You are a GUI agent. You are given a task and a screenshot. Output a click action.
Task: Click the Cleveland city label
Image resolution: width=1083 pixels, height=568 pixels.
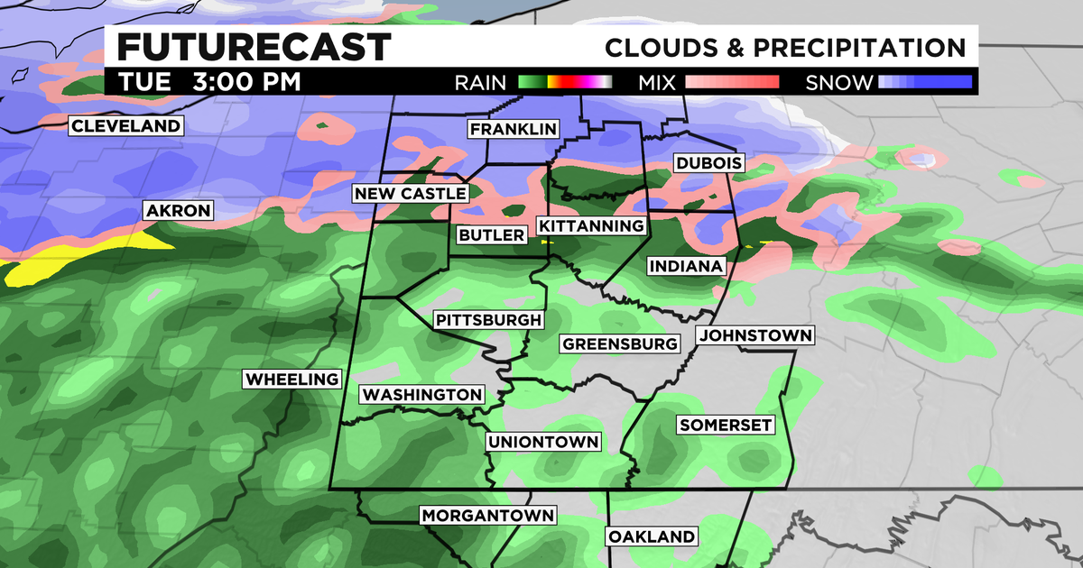tap(126, 126)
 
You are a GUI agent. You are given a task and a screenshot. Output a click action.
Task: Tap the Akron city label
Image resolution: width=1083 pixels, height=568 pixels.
tap(178, 211)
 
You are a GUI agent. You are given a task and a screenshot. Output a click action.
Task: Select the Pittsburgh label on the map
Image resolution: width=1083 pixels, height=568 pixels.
tap(488, 320)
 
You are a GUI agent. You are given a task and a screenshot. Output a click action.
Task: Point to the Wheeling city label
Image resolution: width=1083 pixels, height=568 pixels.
tap(292, 380)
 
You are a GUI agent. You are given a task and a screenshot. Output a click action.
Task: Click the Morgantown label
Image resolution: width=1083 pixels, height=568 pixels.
tap(488, 515)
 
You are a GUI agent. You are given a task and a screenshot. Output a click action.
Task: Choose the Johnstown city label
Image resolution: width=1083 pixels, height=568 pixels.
tap(755, 335)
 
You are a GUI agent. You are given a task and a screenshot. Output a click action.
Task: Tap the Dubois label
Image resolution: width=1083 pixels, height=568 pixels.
tap(708, 163)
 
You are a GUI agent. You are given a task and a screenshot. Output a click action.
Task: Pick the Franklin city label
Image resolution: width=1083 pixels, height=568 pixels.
tap(513, 130)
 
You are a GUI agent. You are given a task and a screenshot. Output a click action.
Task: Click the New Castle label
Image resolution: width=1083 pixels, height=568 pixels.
tap(411, 194)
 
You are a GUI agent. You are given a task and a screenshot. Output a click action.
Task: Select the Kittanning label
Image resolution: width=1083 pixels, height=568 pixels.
tap(592, 225)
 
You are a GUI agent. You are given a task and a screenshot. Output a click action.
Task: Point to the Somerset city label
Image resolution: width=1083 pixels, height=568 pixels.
tap(726, 425)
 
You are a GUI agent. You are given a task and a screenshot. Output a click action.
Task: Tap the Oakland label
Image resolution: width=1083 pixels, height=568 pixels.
tap(652, 536)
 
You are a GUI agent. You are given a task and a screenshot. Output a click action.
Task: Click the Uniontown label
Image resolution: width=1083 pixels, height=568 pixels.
tap(542, 442)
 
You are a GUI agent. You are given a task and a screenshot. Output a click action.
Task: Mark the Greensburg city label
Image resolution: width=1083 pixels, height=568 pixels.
tap(619, 344)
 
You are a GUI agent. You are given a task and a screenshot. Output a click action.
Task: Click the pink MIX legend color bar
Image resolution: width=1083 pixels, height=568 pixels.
tap(732, 83)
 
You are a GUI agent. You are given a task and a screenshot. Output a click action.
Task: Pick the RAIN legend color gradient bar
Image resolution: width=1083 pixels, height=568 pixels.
tap(565, 83)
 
